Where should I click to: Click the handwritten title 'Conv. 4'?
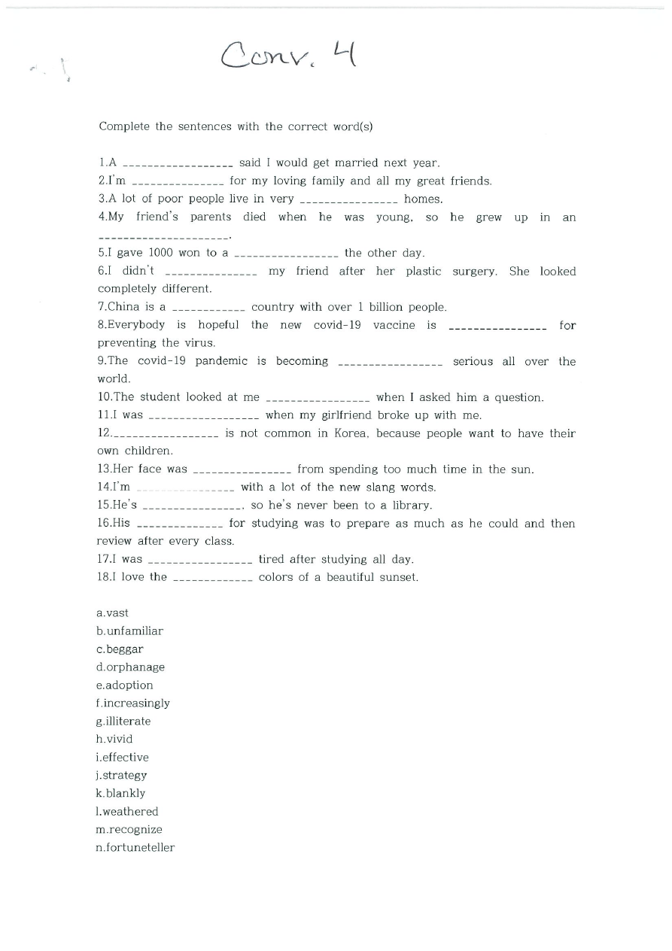coord(287,54)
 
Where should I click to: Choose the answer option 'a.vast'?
coord(113,613)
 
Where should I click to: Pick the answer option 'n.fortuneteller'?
coord(135,848)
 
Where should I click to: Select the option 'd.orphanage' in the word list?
coord(130,667)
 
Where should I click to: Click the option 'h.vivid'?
coord(114,740)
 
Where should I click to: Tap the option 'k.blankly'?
coord(120,794)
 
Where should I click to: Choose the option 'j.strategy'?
coord(122,776)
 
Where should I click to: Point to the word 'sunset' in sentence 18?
coord(399,578)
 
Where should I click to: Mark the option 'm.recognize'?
coord(129,830)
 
